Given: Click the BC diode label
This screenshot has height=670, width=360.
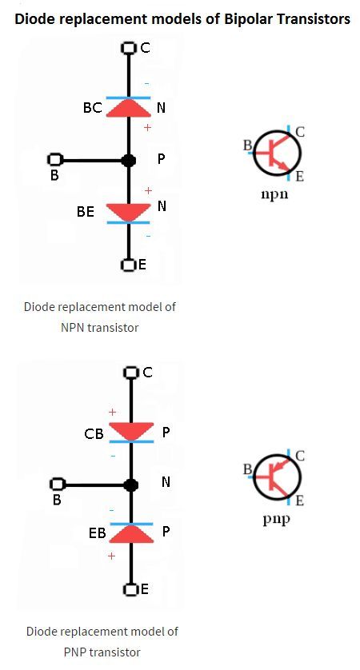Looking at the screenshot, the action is tap(93, 108).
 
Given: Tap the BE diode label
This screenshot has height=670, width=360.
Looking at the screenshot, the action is tap(86, 212).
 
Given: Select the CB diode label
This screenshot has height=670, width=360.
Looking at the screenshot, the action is tap(94, 434).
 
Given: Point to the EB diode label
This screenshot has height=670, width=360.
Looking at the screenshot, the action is tap(97, 532).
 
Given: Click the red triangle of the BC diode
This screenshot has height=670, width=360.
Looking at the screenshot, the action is tap(128, 108).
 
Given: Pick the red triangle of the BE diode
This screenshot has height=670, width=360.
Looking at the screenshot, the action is tap(128, 213).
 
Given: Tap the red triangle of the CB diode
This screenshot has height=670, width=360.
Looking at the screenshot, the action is tap(131, 432).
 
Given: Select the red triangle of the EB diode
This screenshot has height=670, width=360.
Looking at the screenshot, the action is tap(131, 534).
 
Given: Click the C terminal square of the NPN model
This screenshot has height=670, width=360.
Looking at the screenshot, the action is tap(128, 47).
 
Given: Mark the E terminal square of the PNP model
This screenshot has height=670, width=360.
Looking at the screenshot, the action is tap(130, 590).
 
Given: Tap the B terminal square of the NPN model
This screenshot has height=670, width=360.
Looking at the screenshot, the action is tap(54, 160).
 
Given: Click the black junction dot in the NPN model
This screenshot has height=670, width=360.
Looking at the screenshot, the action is tap(129, 161).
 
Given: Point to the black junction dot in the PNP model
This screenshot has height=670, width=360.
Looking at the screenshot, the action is tap(131, 485).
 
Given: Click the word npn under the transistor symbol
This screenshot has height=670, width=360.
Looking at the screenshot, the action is tap(274, 194).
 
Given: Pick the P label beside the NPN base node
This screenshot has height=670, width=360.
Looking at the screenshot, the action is tap(161, 159).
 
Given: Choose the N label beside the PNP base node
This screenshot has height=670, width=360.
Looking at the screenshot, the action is tap(166, 482).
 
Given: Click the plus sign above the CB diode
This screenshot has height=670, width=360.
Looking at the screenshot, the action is tap(112, 413).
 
